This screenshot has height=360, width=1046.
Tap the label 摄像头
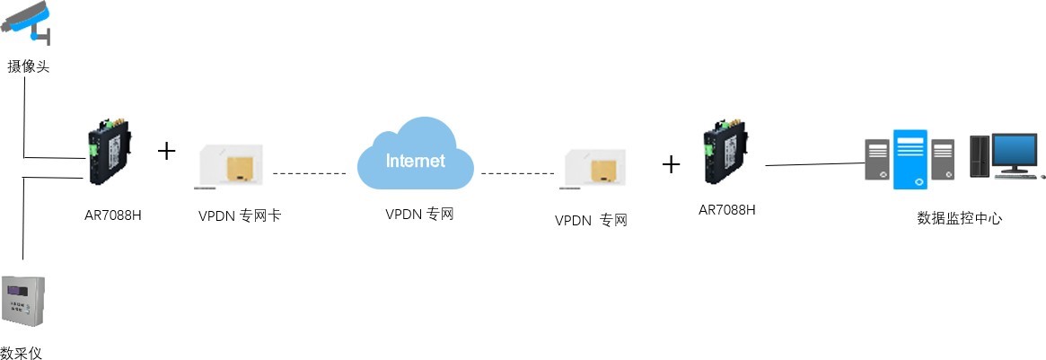coord(28,66)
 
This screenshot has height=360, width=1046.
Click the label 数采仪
coord(22,352)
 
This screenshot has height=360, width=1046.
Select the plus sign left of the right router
coord(671,163)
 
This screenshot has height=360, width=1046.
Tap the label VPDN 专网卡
coord(240,215)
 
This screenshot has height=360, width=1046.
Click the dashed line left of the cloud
coord(309,171)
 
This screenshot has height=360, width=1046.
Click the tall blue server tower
coord(910,159)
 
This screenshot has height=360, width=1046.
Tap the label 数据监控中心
coord(959,217)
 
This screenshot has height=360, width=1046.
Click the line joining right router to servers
coord(813,164)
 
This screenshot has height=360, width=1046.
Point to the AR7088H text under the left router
coord(111,215)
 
